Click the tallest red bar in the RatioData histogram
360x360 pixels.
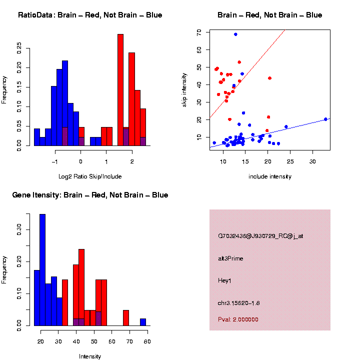tap(120, 90)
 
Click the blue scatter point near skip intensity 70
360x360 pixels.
tap(235, 34)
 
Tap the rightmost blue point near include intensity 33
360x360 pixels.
tap(325, 119)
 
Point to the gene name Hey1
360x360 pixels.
tap(224, 280)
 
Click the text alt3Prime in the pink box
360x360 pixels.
tap(230, 258)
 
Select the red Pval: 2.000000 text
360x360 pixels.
tap(238, 319)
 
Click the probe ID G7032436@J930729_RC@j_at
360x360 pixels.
tap(260, 236)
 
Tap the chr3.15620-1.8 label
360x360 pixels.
tap(238, 303)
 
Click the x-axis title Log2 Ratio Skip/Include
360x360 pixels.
tap(90, 176)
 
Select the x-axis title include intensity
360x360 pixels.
tap(269, 176)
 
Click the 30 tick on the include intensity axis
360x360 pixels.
tap(312, 161)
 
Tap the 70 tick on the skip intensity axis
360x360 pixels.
tap(199, 32)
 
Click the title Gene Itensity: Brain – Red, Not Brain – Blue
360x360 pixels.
tap(90, 195)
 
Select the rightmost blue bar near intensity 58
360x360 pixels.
tap(143, 322)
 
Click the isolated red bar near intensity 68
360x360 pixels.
tap(126, 318)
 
